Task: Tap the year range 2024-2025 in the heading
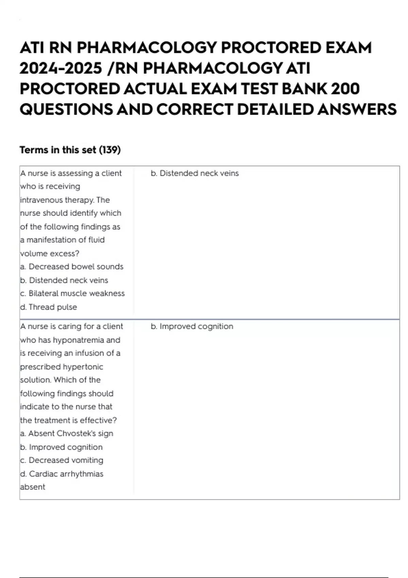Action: coord(61,68)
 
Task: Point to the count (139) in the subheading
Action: coord(110,150)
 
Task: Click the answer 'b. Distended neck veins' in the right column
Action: coord(194,173)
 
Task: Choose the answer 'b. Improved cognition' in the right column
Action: coord(192,326)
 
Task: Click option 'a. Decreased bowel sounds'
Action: coord(72,267)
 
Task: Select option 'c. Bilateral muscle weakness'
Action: coord(72,293)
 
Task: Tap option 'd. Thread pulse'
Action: coord(49,307)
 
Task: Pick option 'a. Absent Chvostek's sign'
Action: coord(67,434)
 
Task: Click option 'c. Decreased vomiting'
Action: coord(62,460)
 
